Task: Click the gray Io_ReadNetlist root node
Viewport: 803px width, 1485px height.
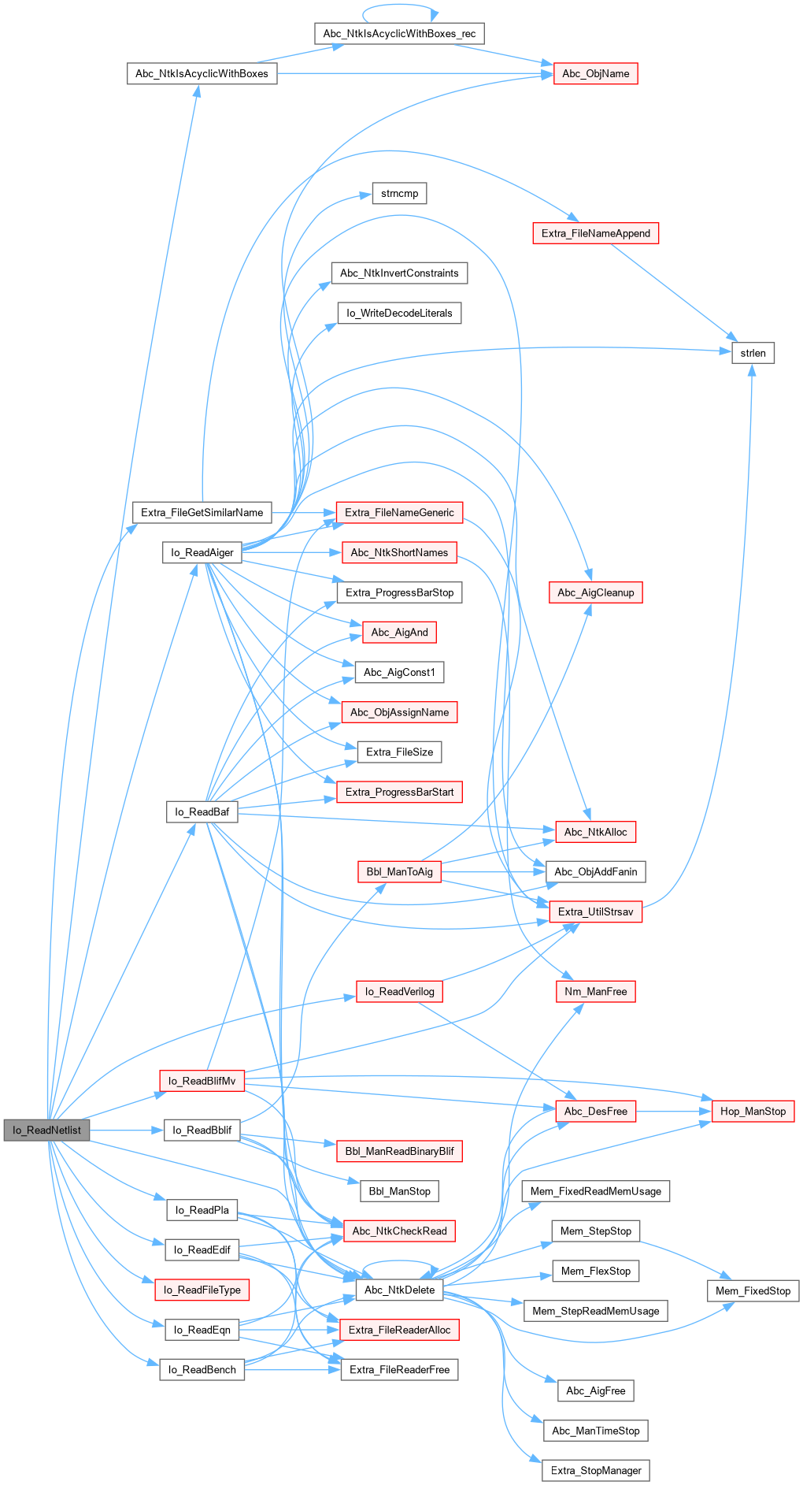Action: pos(46,1130)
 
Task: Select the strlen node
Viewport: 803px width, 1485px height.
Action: pos(753,353)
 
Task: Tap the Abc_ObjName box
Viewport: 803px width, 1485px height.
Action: pos(595,73)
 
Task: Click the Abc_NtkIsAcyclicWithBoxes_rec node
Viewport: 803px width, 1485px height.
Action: pos(399,34)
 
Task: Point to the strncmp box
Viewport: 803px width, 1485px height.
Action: pos(399,194)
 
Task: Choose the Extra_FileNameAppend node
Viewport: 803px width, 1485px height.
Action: pos(595,233)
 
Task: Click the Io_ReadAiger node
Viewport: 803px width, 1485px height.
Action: pos(202,552)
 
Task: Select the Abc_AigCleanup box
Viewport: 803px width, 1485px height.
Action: pos(595,592)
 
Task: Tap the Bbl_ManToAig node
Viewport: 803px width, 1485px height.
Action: pos(399,871)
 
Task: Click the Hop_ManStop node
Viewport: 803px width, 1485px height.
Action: pos(753,1111)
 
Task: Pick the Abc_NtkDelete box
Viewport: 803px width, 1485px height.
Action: pos(399,1290)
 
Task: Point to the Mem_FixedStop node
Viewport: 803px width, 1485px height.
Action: pos(753,1290)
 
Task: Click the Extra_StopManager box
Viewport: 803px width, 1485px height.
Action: pos(595,1470)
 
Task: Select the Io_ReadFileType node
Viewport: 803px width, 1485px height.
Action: pos(202,1290)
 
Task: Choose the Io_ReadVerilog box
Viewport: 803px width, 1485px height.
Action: pos(399,991)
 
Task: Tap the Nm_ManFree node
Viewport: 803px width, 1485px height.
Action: pos(595,991)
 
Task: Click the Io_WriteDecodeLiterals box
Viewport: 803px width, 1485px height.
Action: pos(399,313)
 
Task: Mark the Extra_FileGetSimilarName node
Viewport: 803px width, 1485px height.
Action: pos(202,512)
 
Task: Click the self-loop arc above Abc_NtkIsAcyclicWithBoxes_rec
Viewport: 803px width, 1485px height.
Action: pos(399,6)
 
